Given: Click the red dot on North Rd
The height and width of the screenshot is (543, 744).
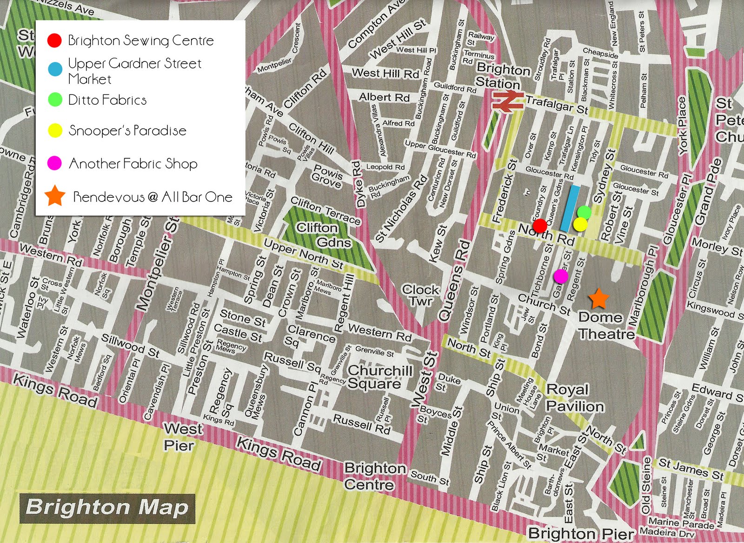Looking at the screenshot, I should [540, 226].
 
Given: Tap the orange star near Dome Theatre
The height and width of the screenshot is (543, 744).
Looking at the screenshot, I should [598, 299].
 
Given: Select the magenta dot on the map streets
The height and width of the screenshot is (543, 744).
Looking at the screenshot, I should [561, 276].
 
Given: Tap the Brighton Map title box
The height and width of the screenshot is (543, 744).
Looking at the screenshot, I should [107, 508].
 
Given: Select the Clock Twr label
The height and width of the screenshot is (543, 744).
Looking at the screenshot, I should [420, 295].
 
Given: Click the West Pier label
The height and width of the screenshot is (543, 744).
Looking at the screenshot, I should [182, 436].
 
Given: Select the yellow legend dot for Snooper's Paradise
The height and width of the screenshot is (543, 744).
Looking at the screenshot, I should [55, 131].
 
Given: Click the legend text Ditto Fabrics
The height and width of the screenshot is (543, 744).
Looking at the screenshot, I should [107, 100].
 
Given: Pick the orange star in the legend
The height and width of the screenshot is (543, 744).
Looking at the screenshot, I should [55, 196].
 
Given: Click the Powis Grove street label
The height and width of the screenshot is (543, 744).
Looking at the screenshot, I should [327, 176].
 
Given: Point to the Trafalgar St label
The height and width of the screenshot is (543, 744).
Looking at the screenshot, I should [556, 104].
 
